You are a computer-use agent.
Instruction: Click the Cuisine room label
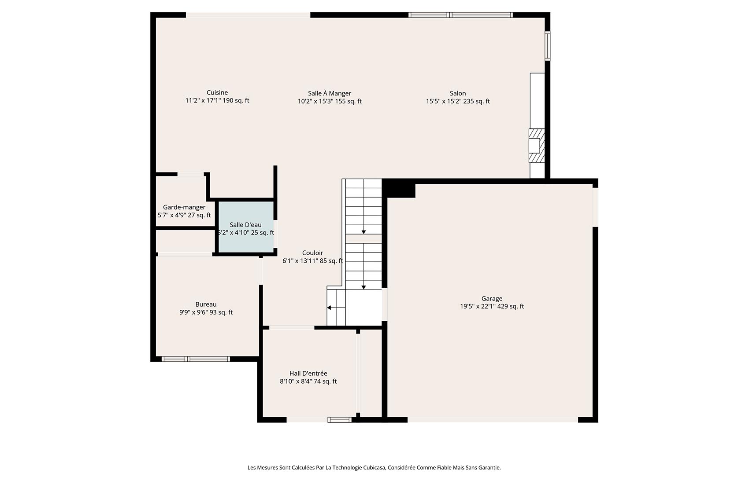tap(217, 92)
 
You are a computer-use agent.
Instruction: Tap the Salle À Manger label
tap(330, 93)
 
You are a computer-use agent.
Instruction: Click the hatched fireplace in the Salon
tap(537, 145)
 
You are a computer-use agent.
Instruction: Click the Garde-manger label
tap(184, 207)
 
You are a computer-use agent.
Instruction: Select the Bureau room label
tap(206, 304)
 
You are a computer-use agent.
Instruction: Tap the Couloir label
tap(312, 253)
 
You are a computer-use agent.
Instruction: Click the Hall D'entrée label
tap(308, 374)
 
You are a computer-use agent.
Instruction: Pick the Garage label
tap(492, 299)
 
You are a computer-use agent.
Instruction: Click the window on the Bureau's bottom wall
tap(196, 359)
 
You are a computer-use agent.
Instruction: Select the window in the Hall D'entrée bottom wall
tap(339, 420)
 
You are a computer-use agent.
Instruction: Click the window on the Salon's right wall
tap(548, 45)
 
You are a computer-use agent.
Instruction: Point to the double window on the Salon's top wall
tap(460, 15)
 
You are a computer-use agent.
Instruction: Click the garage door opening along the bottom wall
tap(492, 420)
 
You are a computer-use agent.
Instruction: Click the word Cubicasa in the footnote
tap(374, 468)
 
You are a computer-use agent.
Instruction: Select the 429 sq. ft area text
tap(511, 307)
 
